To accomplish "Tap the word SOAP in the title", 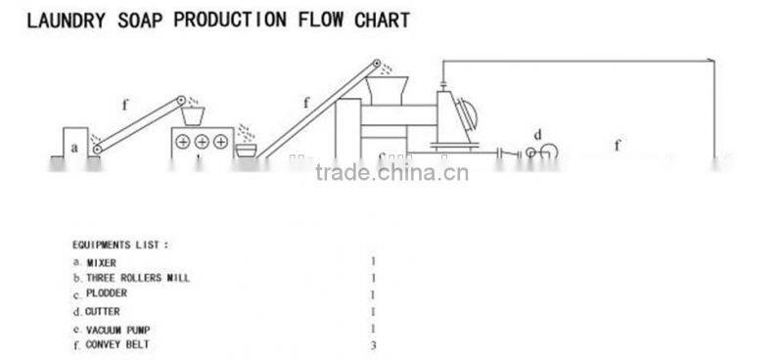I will (x=144, y=20).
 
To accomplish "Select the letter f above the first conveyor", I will (x=124, y=101).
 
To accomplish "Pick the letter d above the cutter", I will (x=537, y=133).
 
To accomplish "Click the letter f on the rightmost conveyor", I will (x=618, y=146).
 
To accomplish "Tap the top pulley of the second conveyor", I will (x=373, y=67).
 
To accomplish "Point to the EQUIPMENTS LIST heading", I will (x=120, y=244).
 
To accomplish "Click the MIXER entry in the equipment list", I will (x=101, y=262).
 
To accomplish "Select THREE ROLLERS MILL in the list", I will (x=137, y=278).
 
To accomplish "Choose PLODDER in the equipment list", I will (x=106, y=292).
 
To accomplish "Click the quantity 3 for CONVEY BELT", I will (x=373, y=344).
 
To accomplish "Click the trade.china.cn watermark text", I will (x=391, y=174).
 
